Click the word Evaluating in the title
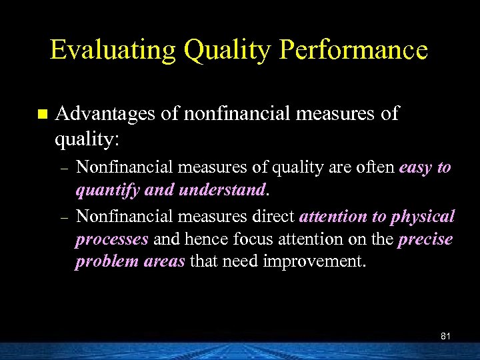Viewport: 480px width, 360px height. click(113, 51)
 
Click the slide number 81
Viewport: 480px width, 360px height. click(445, 336)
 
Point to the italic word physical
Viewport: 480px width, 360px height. click(423, 217)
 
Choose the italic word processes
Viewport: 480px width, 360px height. click(111, 239)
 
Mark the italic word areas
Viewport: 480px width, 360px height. click(165, 261)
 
